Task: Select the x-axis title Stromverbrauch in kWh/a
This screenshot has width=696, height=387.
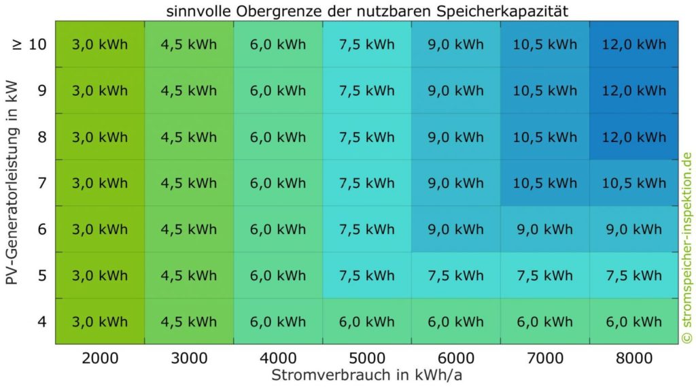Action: tap(366, 375)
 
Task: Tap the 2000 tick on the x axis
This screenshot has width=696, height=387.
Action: tap(100, 358)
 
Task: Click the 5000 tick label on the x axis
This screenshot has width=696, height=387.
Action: tap(367, 358)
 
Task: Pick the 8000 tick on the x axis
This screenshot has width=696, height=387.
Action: tap(633, 358)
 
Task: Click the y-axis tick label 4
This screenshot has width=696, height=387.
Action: tap(42, 320)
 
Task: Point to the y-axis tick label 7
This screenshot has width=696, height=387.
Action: tap(42, 183)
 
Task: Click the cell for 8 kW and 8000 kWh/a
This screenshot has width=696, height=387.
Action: tap(633, 137)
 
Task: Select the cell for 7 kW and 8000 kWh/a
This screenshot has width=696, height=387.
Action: tap(633, 183)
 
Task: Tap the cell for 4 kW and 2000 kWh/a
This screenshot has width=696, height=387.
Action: tap(100, 321)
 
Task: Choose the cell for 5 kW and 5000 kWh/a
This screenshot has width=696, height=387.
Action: tap(367, 275)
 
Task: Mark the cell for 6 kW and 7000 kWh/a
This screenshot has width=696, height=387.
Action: tap(544, 229)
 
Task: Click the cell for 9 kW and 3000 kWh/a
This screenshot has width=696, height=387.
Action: tap(189, 91)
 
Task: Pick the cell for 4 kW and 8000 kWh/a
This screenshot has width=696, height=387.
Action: tap(633, 321)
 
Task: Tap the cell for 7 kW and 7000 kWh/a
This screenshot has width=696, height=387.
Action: tap(544, 183)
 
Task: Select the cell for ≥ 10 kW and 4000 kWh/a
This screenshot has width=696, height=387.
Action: tap(278, 45)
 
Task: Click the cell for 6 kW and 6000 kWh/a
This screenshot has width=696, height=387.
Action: tap(455, 229)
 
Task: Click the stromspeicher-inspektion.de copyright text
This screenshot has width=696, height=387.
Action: tap(686, 248)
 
